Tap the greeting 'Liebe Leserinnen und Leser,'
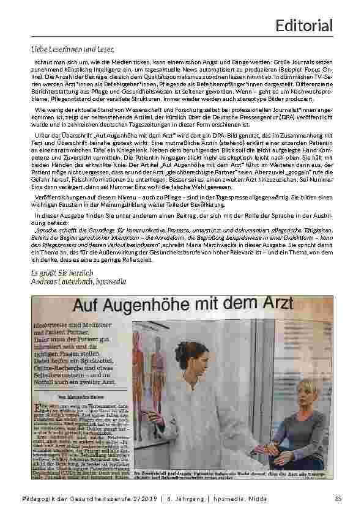[73, 49]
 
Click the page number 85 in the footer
[337, 501]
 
